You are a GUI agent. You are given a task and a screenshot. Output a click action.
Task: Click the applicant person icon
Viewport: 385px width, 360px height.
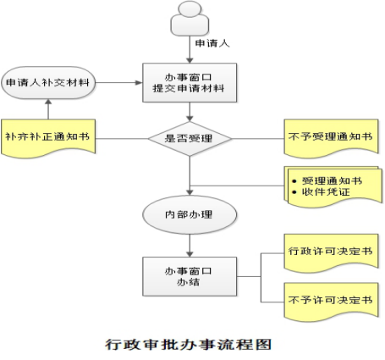[190, 19]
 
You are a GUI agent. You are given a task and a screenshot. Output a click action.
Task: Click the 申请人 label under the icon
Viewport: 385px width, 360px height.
[212, 43]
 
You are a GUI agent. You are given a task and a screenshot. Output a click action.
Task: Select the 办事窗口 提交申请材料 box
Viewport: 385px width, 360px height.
[190, 82]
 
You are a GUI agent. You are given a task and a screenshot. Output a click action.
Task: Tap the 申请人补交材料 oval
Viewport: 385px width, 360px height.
[48, 83]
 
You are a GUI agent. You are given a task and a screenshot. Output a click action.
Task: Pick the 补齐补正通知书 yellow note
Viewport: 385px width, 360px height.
[48, 138]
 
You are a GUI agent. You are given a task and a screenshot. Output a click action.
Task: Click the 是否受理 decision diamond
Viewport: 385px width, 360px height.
[190, 139]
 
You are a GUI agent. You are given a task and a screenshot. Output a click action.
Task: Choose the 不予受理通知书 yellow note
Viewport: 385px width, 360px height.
[331, 137]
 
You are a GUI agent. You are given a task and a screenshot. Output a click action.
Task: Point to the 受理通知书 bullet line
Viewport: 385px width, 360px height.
[327, 180]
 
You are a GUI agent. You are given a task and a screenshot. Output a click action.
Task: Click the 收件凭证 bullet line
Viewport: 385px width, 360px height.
[322, 192]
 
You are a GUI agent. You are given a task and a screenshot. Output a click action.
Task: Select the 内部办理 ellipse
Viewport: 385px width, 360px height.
[190, 214]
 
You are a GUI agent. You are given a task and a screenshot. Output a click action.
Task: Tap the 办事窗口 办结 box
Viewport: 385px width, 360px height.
[190, 276]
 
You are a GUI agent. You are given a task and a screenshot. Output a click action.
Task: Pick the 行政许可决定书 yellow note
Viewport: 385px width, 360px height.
[331, 252]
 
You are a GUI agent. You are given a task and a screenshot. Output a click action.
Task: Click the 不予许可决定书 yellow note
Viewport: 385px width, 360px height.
[331, 302]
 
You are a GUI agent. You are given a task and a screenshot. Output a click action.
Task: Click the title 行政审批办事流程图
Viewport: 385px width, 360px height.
[189, 345]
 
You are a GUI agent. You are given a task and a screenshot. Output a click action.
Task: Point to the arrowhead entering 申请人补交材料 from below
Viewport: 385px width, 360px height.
[48, 102]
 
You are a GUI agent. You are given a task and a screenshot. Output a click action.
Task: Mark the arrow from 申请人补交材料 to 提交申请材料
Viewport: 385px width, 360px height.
[118, 83]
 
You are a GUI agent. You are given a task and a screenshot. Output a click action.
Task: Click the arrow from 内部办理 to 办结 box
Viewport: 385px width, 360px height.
[190, 246]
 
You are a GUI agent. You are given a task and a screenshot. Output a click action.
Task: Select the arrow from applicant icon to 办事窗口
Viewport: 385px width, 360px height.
[190, 50]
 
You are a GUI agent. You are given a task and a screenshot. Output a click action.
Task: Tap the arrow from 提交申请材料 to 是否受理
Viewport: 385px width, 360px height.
[190, 112]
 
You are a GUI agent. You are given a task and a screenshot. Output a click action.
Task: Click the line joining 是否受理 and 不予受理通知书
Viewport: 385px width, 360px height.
[258, 139]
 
